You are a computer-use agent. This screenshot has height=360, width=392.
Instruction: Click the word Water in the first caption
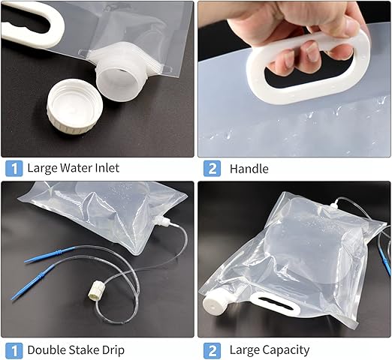[77, 167]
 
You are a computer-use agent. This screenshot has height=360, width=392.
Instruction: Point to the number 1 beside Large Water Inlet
[14, 168]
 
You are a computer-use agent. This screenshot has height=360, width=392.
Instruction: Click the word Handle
[249, 169]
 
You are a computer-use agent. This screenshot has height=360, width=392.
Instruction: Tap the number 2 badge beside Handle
[212, 169]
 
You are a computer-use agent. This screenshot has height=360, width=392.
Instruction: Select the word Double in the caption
[47, 350]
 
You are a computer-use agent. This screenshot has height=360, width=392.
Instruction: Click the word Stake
[83, 350]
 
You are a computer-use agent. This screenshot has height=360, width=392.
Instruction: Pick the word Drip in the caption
[113, 351]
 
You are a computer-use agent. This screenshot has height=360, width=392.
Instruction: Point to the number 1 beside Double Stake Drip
[14, 350]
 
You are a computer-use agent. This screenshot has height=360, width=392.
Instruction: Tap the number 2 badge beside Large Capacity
[212, 350]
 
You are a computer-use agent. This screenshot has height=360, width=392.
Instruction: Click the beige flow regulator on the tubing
[95, 291]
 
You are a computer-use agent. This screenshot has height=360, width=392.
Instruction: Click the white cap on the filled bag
[213, 302]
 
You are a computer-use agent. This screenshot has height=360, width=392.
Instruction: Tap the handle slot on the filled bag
[276, 303]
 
